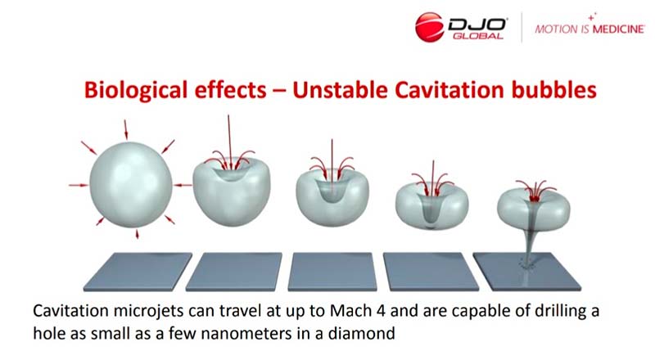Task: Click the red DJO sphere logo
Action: [x=429, y=27]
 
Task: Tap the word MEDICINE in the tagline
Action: [x=618, y=29]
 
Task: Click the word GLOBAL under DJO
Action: [x=478, y=36]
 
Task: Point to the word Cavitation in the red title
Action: [x=449, y=90]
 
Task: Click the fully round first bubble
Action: [x=131, y=185]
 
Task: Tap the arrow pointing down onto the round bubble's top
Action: [x=126, y=129]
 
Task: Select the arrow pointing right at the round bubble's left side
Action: [x=79, y=185]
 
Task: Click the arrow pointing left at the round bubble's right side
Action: [x=183, y=185]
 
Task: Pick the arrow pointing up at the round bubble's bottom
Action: [x=137, y=234]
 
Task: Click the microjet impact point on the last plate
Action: [x=526, y=264]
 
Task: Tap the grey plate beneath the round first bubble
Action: [x=138, y=272]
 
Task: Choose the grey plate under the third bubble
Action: [x=332, y=272]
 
